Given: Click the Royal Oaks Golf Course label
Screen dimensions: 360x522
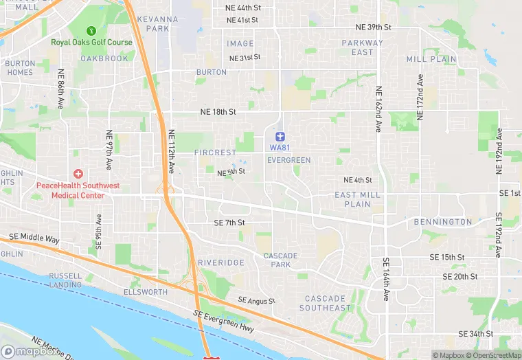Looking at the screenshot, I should point(91,43).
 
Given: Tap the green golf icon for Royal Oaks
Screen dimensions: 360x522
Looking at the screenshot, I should point(91,31).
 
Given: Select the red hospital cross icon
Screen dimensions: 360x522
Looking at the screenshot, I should point(78,175).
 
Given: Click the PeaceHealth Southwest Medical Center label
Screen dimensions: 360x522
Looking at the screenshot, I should point(78,190).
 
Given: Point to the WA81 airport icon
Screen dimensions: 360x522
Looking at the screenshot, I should point(280,136).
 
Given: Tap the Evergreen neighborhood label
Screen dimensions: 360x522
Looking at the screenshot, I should point(288,160).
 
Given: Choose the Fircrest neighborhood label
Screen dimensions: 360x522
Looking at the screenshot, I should point(215,152).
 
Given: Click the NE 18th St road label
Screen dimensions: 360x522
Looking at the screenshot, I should point(218,111).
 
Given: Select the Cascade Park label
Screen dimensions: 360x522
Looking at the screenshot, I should point(281,260).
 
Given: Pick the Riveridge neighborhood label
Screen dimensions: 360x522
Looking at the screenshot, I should point(221,263).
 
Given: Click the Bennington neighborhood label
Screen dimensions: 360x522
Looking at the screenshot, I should point(443,222).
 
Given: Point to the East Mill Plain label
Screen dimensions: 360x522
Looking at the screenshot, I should point(357,199).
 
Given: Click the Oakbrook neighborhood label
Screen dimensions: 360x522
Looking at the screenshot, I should point(104,58).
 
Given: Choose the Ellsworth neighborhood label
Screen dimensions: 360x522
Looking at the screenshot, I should point(145,292).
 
